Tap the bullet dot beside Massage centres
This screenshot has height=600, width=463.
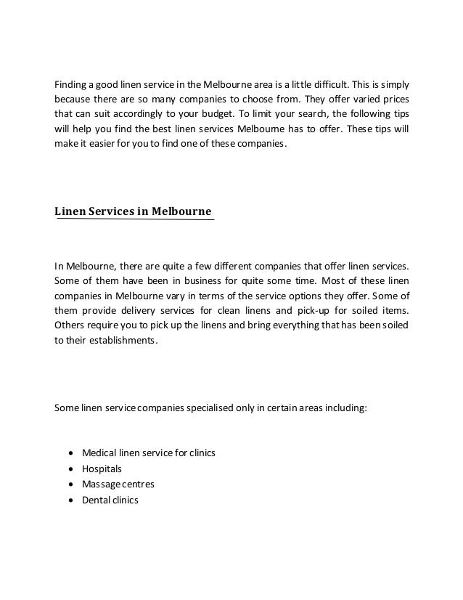[69, 485]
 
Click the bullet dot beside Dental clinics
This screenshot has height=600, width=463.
[69, 500]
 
